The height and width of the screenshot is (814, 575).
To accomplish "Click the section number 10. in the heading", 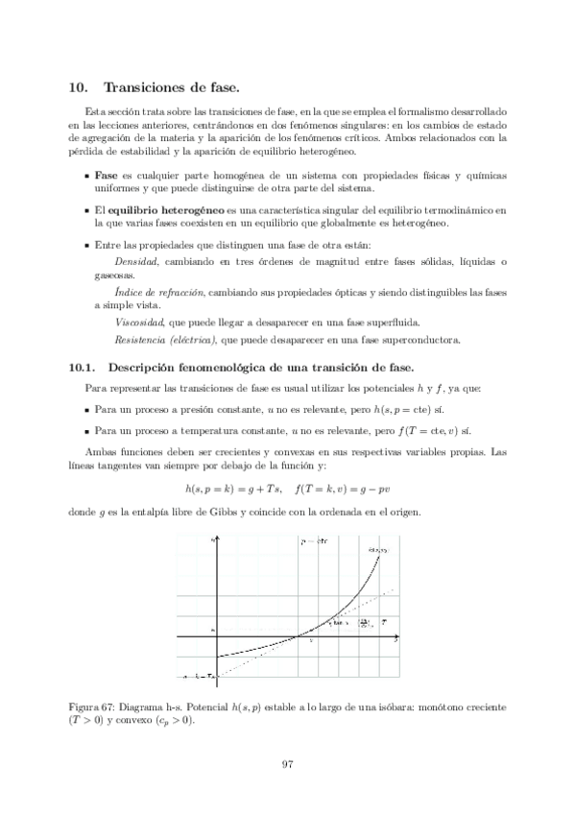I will pos(80,86).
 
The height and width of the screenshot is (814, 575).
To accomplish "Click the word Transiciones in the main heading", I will pos(146,86).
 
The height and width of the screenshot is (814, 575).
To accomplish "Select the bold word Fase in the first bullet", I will pos(107,178).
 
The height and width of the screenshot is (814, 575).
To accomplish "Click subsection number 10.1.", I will pos(84,367).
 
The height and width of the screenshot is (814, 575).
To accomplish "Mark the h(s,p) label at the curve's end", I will pos(377,550).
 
